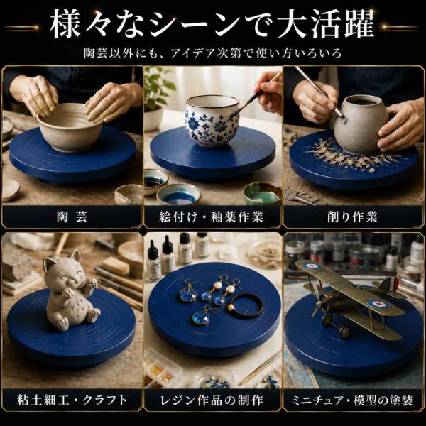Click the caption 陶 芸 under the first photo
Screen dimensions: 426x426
72,217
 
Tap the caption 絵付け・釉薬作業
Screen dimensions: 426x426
212,217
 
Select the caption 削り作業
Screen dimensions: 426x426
352,217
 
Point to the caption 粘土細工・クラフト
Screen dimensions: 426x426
72,400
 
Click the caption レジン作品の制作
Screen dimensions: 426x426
212,400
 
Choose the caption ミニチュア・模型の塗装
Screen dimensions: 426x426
352,400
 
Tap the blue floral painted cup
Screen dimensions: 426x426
212,121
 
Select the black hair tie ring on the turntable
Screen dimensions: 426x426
246,305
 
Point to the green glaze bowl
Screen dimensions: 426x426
262,193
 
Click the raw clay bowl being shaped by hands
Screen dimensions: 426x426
70,127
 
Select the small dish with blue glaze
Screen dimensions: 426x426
179,195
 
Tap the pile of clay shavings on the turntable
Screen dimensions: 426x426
351,155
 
